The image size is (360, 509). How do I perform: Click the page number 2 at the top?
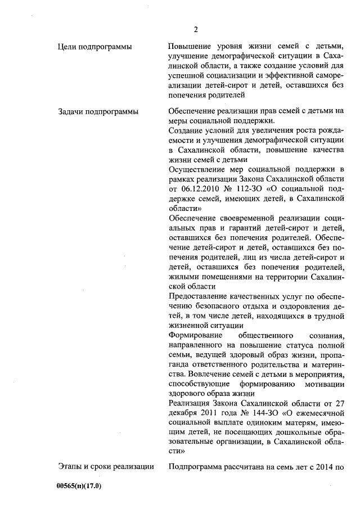point(195,29)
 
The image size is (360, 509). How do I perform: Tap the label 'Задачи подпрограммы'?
point(98,111)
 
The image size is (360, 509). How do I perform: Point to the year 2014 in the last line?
point(331,465)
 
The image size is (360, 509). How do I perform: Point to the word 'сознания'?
point(326,336)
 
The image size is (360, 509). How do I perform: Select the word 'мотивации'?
point(326,384)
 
